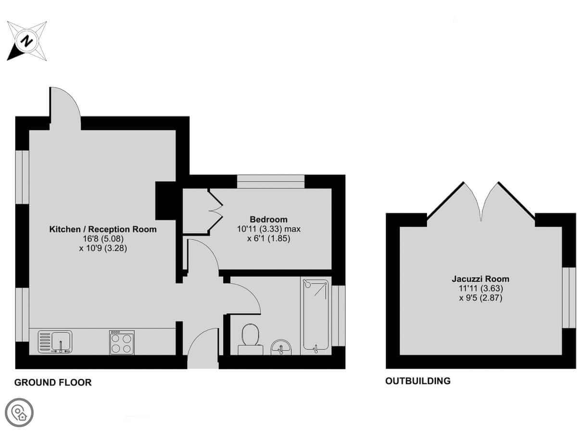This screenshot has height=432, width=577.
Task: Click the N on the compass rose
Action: coord(26,41)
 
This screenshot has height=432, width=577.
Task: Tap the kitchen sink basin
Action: coord(62,340)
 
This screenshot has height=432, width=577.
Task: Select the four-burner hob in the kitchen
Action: coord(122,342)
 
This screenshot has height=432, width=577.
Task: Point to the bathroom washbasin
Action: coord(281,347)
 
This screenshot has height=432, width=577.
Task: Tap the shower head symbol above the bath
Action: coord(306,283)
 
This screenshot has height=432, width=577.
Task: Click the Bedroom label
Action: coord(268,219)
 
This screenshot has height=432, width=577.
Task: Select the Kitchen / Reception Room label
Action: coord(103,229)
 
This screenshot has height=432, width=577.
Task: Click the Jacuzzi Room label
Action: coord(480,279)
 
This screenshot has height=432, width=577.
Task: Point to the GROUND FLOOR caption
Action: coord(53,383)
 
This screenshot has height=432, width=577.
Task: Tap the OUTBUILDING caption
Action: coord(418,381)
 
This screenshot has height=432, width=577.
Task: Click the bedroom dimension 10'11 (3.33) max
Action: coord(269,229)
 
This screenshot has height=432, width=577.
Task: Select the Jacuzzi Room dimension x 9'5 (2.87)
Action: coord(480,298)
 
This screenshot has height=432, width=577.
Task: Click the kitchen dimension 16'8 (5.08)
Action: coord(103,239)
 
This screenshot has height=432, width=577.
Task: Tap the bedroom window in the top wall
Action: coord(271,181)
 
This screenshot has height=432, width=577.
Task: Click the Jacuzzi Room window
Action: coord(569,298)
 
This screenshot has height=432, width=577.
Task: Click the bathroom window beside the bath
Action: coord(339,316)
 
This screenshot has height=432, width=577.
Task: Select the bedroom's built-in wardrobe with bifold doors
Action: coord(202,211)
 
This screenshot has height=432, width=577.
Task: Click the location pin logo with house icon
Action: coord(19,413)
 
